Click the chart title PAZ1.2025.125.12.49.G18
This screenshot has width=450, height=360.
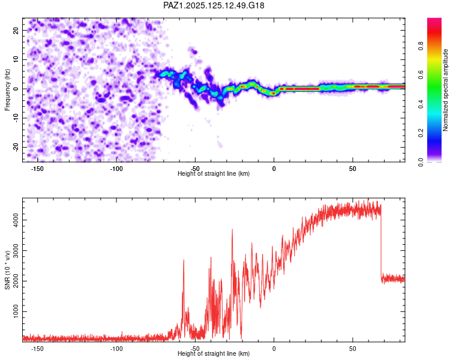pos(214,5)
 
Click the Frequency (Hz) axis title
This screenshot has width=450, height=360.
pos(7,90)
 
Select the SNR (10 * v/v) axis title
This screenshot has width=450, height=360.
pos(7,270)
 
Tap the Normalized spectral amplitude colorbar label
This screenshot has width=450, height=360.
pos(445,90)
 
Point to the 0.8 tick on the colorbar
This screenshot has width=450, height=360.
pos(421,46)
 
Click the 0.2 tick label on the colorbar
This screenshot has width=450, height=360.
pos(421,133)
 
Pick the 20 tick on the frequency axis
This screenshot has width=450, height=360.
pos(16,31)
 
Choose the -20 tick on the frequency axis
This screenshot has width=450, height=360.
pos(16,148)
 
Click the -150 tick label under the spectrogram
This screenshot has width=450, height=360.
pos(37,169)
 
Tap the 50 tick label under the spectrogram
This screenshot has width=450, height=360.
pos(353,169)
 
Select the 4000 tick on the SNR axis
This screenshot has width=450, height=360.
pos(16,220)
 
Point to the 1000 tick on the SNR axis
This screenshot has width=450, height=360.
pos(16,311)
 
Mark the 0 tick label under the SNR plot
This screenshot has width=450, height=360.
pos(274,349)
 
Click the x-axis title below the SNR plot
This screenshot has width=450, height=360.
pos(214,353)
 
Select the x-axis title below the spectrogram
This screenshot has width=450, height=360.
pos(214,173)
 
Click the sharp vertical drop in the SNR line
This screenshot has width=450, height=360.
pos(381,244)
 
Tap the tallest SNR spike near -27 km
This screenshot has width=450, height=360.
pos(232,230)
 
